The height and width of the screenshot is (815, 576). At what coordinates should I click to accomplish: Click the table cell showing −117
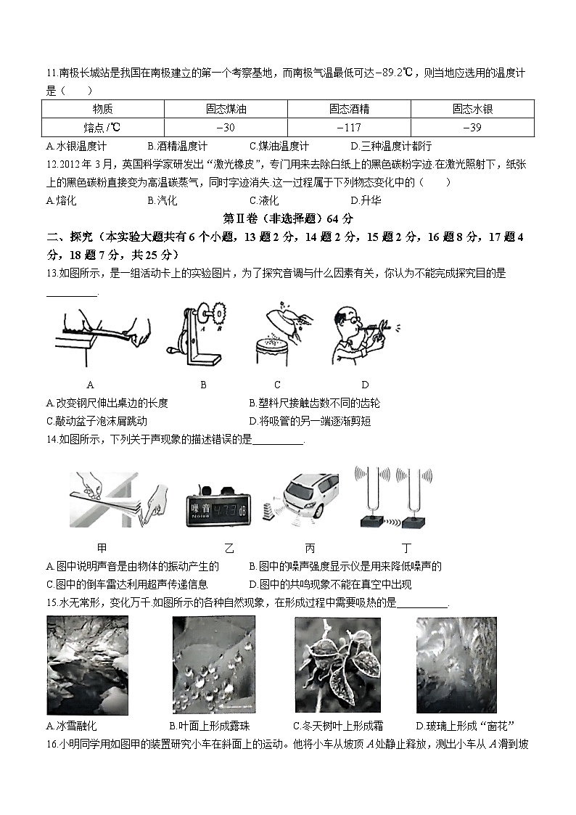coord(349,128)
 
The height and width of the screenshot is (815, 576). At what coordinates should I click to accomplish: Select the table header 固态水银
coord(472,109)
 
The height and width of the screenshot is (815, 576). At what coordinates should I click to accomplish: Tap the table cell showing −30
coord(226,128)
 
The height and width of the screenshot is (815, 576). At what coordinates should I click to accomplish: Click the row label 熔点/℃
coord(102,128)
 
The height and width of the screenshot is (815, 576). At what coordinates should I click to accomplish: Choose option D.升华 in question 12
coord(366,200)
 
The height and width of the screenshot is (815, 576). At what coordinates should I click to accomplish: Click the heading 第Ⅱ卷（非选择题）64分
coord(288,218)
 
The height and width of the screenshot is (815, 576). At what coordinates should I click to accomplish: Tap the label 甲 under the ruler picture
coord(102,549)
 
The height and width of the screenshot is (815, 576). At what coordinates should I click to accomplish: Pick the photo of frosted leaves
coord(337,665)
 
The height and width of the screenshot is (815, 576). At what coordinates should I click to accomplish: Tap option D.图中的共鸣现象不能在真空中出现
coord(330,584)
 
